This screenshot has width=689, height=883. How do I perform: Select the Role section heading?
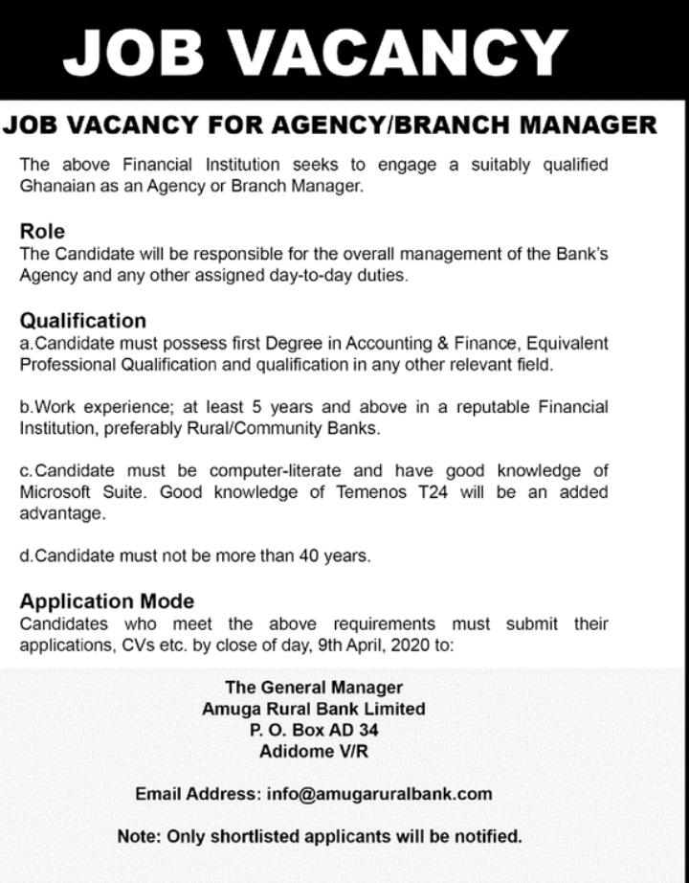tap(42, 231)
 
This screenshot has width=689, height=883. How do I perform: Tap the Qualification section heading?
tap(83, 320)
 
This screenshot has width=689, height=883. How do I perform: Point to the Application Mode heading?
tap(106, 601)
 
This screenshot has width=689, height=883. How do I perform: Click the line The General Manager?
tap(314, 688)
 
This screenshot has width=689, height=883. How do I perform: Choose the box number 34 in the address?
tap(379, 731)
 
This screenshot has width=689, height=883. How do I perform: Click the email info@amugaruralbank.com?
tap(380, 794)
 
